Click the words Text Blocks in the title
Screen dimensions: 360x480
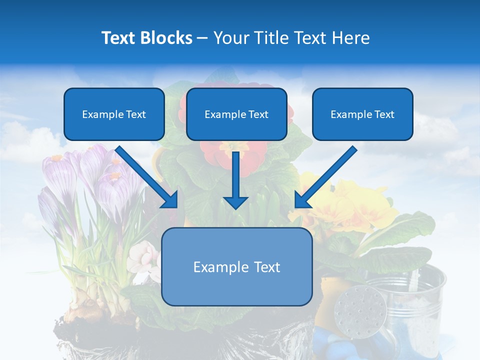(146, 38)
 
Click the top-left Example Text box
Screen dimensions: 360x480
(114, 114)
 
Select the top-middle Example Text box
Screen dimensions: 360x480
(236, 114)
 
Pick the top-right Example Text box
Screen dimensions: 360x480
(362, 114)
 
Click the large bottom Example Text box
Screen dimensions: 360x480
(236, 267)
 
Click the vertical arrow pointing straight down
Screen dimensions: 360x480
(235, 180)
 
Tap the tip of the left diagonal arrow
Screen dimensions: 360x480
(175, 205)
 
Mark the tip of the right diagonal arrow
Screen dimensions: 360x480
(297, 205)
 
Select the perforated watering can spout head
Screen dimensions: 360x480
(359, 307)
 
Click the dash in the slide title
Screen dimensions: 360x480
(202, 38)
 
